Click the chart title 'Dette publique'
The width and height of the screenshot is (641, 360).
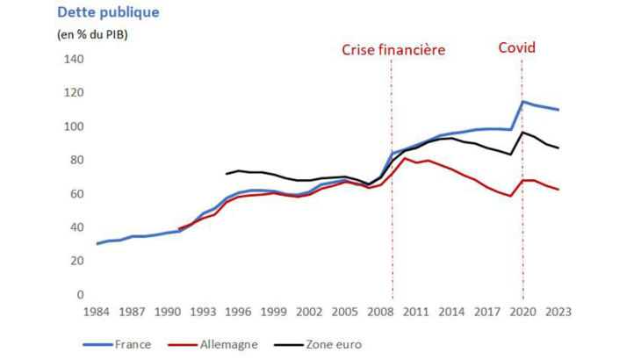coord(107,13)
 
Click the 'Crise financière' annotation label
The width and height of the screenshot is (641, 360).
coord(393,49)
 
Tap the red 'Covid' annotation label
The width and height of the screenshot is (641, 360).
coord(517,48)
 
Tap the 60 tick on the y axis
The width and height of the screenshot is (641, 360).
coord(76,194)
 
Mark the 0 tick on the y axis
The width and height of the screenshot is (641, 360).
coord(79,295)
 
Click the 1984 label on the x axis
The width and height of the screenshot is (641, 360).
coord(97,312)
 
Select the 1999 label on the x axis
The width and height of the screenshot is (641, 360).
coord(275,312)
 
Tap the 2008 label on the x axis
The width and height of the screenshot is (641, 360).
coord(381,312)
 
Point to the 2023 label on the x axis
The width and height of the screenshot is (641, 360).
coord(558,312)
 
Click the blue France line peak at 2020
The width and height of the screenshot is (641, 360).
coord(523,101)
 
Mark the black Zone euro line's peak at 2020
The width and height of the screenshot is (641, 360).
coord(523,133)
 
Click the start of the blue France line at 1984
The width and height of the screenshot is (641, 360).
coord(97,243)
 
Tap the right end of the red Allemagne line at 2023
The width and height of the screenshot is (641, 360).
coord(558,189)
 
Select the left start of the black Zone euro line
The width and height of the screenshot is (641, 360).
coord(227,173)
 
